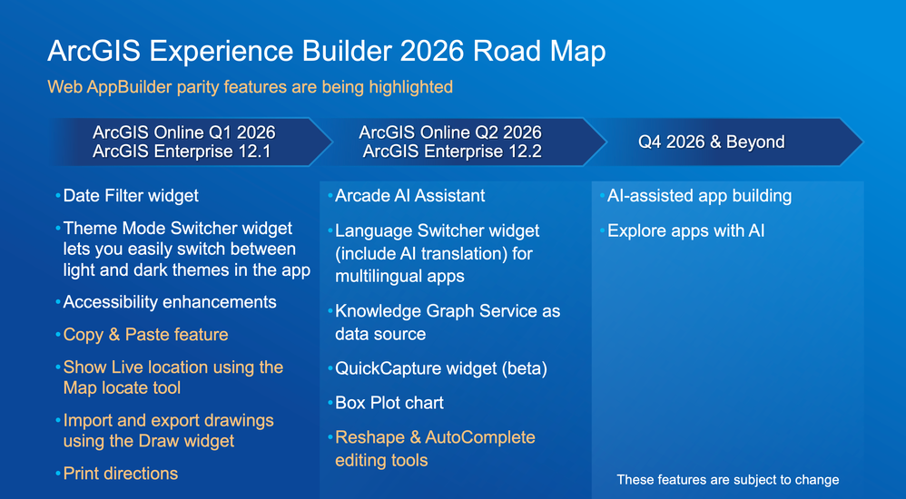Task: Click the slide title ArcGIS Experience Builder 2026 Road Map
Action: point(327,52)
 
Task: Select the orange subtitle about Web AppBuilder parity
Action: point(250,87)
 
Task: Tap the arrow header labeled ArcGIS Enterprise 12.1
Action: point(192,142)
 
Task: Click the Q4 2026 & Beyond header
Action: point(725,142)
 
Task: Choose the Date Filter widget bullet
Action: point(127,196)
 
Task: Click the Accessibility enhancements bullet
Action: point(166,302)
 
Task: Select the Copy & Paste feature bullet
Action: point(143,335)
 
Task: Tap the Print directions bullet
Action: point(117,474)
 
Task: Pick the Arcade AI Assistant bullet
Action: point(407,196)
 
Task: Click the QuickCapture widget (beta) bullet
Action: point(438,368)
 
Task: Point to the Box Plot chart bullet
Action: point(386,403)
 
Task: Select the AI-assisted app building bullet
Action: point(695,196)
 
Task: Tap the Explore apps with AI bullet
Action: point(683,231)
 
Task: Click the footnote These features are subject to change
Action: point(728,479)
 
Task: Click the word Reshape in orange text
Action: point(369,437)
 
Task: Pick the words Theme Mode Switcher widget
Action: point(178,228)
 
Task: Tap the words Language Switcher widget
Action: point(438,231)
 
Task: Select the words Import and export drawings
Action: point(169,420)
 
